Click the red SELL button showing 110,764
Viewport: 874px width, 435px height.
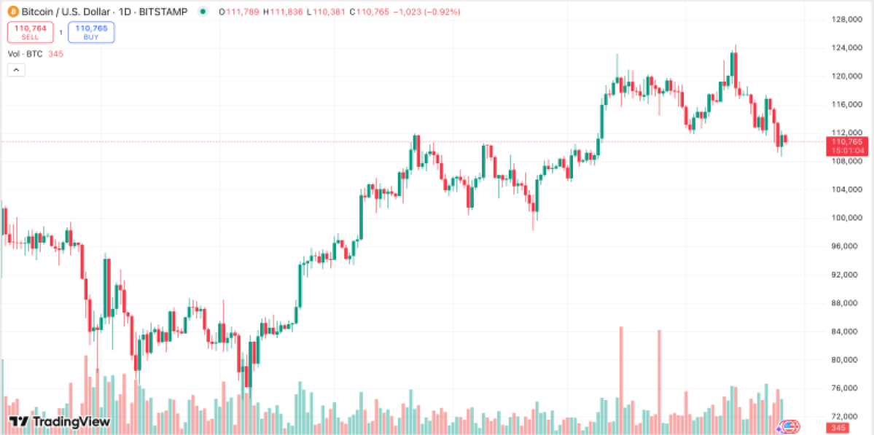pyautogui.click(x=30, y=31)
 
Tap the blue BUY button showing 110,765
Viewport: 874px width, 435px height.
pyautogui.click(x=91, y=31)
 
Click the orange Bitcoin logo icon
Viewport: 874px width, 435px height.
pyautogui.click(x=12, y=12)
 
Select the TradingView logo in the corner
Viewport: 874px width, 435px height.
pyautogui.click(x=60, y=421)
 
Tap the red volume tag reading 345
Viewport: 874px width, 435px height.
pyautogui.click(x=837, y=428)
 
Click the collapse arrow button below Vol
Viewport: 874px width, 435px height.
pyautogui.click(x=16, y=70)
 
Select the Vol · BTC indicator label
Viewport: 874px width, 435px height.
pyautogui.click(x=25, y=54)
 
